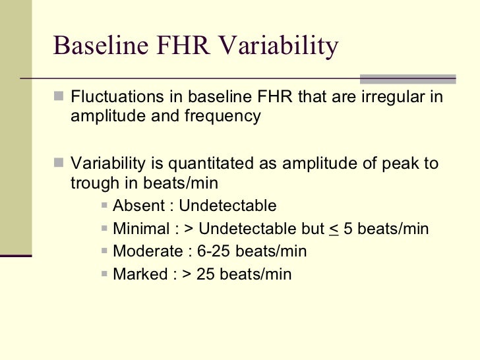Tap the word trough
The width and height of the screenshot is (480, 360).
[92, 183]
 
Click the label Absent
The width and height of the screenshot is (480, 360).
[139, 206]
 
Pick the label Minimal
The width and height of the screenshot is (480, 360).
[140, 229]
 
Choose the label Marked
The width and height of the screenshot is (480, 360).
[139, 274]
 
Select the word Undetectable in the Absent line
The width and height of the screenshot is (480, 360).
[228, 206]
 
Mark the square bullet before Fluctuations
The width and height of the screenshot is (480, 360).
[60, 99]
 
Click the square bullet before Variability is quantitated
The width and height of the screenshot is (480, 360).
[60, 164]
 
